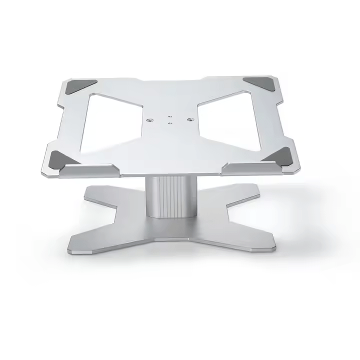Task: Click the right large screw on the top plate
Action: coord(190,119)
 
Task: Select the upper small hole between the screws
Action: coord(170,113)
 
